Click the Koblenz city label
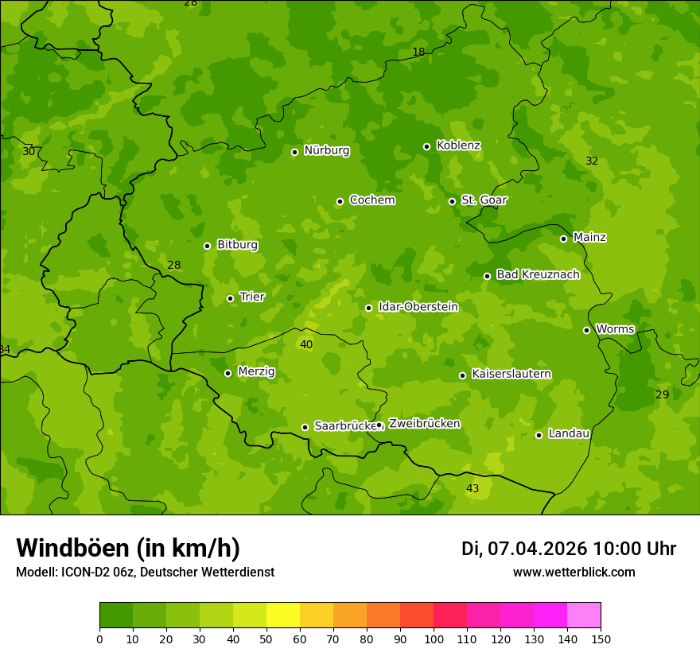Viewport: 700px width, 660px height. tap(458, 146)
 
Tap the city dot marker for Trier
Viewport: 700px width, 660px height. tap(231, 298)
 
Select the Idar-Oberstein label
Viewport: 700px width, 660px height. tap(418, 307)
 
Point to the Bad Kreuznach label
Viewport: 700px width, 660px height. tap(538, 274)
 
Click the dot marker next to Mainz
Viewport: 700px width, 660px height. tap(563, 239)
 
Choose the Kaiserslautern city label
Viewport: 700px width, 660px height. tap(511, 374)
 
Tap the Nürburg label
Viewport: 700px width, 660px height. tap(326, 150)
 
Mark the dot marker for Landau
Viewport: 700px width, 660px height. tap(539, 435)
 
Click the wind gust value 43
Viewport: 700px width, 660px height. tap(472, 488)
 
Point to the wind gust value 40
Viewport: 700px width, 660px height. tap(306, 344)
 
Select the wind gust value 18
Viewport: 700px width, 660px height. tap(418, 52)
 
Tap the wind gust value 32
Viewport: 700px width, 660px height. tap(592, 161)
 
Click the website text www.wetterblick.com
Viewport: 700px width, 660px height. tap(574, 573)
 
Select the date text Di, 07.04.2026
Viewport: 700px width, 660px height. tap(523, 549)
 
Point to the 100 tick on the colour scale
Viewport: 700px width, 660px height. tap(434, 638)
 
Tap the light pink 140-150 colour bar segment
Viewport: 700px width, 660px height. tap(584, 615)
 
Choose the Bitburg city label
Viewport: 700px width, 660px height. tap(237, 245)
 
